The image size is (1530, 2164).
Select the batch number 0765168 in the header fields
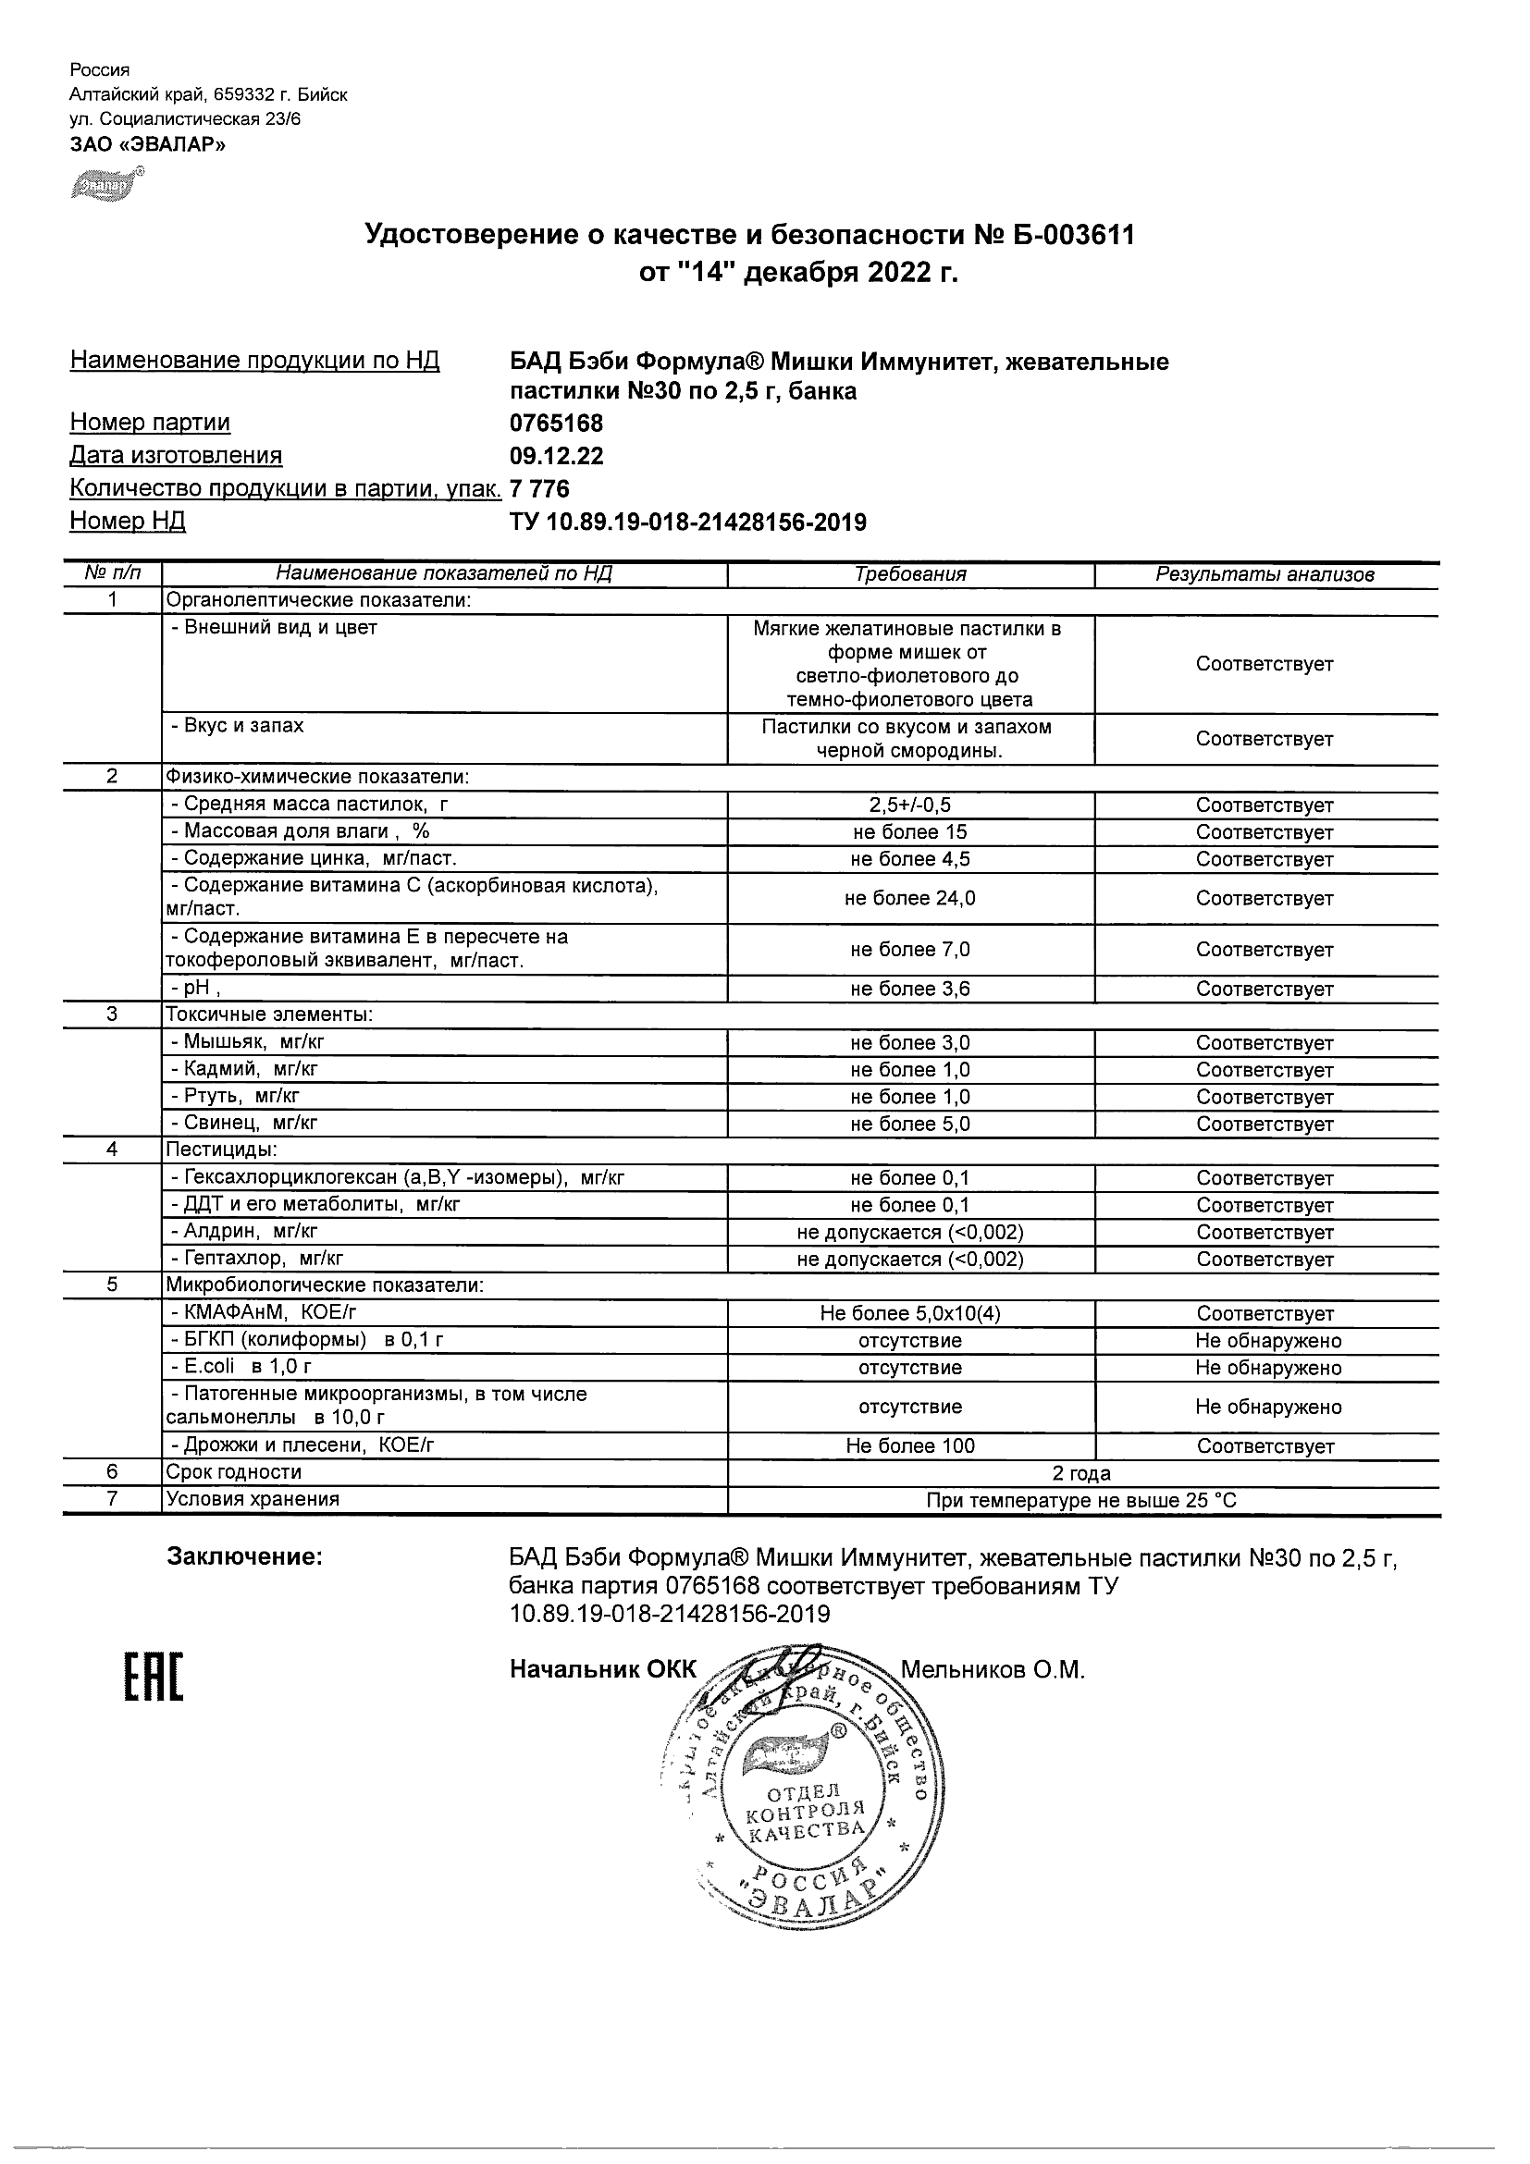tap(556, 424)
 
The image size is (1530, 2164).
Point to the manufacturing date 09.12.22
tap(556, 456)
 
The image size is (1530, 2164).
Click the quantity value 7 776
tap(539, 489)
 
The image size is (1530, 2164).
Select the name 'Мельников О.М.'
tap(993, 1670)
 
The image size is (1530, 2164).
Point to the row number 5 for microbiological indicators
tap(112, 1284)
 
